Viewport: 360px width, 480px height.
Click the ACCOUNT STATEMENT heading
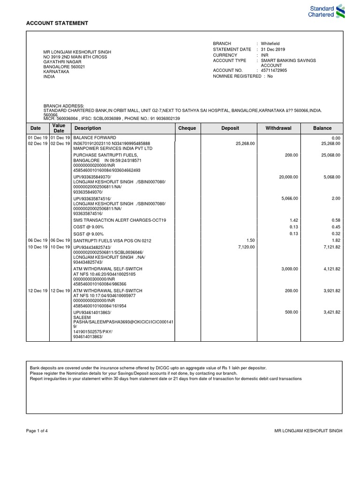[x=57, y=23]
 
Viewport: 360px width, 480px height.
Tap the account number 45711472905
[x=274, y=70]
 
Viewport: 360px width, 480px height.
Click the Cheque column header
[x=187, y=128]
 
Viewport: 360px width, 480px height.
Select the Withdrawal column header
[x=278, y=128]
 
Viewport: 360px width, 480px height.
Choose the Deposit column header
[x=230, y=128]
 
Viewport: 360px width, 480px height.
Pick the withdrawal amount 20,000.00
[x=288, y=177]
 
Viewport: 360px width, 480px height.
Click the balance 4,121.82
[x=331, y=269]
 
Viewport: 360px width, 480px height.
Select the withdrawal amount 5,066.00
[x=289, y=199]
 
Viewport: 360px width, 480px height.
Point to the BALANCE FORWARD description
[x=94, y=138]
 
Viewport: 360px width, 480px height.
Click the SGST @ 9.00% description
[x=89, y=233]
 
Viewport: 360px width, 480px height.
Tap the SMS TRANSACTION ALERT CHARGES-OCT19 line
[x=120, y=220]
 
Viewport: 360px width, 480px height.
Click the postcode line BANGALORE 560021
[x=64, y=67]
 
